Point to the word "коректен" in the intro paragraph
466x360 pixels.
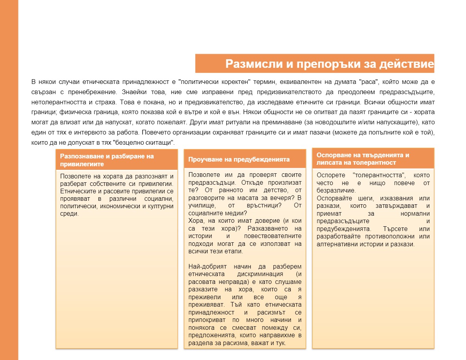(237, 82)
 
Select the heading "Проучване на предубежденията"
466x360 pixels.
(239, 159)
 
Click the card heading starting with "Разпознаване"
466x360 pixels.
(107, 160)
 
